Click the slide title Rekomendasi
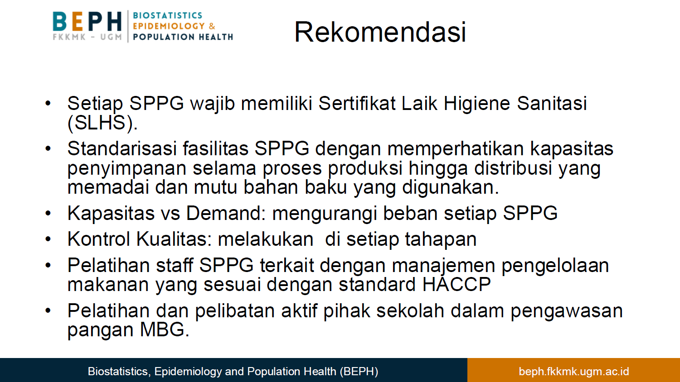point(380,32)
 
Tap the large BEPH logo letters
point(87,21)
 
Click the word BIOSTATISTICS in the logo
point(168,15)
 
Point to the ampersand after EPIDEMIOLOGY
point(212,26)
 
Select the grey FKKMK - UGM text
point(87,37)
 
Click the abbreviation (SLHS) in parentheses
point(102,123)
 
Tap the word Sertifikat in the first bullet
point(357,103)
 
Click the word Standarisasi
point(122,148)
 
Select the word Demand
point(226,213)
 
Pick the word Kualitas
point(174,239)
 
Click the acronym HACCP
point(456,284)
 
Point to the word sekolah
point(410,311)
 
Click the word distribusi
point(513,168)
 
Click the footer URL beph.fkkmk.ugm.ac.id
point(574,372)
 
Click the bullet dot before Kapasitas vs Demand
point(48,214)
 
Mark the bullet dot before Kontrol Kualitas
point(48,239)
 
